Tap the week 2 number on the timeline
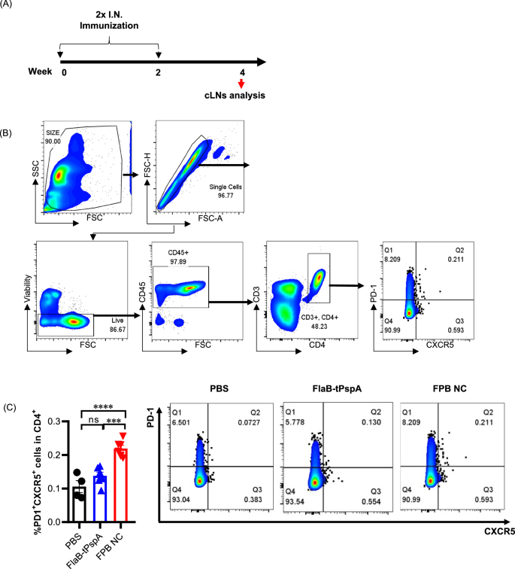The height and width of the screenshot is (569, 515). [159, 72]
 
